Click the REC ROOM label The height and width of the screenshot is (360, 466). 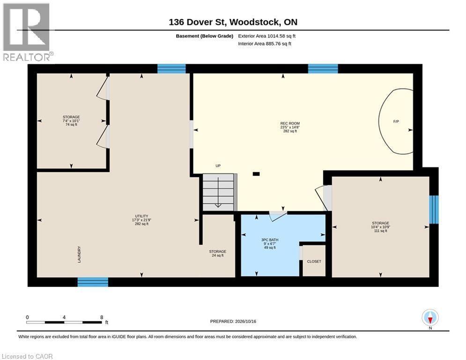pyautogui.click(x=290, y=123)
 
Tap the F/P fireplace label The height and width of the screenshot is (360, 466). pyautogui.click(x=396, y=121)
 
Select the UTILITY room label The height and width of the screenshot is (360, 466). pyautogui.click(x=141, y=216)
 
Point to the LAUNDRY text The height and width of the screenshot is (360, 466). pyautogui.click(x=79, y=255)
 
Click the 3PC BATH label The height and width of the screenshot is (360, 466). pyautogui.click(x=270, y=240)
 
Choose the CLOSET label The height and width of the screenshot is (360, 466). pyautogui.click(x=314, y=262)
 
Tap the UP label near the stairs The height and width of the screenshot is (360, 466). pyautogui.click(x=218, y=166)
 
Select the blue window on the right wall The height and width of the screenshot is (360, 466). pyautogui.click(x=434, y=210)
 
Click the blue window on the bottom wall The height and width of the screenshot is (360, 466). pyautogui.click(x=93, y=282)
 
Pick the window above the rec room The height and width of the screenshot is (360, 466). pyautogui.click(x=323, y=69)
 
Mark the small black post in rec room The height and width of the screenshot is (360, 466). pyautogui.click(x=256, y=174)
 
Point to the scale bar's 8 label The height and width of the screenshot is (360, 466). pyautogui.click(x=102, y=317)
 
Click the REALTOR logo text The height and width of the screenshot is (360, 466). pyautogui.click(x=27, y=57)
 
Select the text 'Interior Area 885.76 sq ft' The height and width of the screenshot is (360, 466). pyautogui.click(x=265, y=44)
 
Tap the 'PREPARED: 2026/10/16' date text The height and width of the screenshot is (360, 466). pyautogui.click(x=233, y=321)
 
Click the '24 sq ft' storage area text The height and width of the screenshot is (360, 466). pyautogui.click(x=218, y=255)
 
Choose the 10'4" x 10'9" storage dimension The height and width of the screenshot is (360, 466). pyautogui.click(x=380, y=227)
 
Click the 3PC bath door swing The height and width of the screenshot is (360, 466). pyautogui.click(x=278, y=216)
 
